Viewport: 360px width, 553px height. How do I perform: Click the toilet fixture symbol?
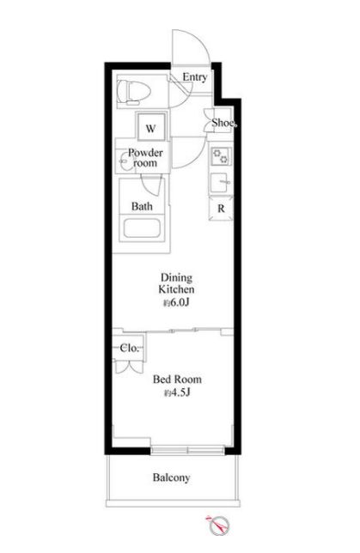(x=133, y=92)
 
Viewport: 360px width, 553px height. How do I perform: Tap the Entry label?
(x=194, y=77)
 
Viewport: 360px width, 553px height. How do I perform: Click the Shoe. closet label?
(x=223, y=123)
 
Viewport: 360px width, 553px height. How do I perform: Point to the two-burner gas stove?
(x=221, y=156)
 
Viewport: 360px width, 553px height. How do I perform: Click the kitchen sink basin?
(x=220, y=183)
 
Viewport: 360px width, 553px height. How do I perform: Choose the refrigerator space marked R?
(x=221, y=209)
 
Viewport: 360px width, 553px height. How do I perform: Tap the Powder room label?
(x=145, y=158)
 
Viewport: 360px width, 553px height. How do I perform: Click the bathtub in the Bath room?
(x=142, y=228)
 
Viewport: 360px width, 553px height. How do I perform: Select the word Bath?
(x=142, y=206)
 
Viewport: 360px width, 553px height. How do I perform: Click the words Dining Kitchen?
(x=176, y=283)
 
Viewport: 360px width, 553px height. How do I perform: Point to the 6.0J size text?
(x=176, y=302)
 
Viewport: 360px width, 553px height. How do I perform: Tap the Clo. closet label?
(x=130, y=348)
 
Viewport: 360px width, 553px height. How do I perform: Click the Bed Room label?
(x=177, y=380)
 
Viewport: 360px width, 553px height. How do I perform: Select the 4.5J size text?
(x=177, y=392)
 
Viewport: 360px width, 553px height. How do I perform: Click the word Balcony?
(x=172, y=477)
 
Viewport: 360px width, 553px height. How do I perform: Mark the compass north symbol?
(x=219, y=525)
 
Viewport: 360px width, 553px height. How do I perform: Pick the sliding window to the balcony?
(x=187, y=450)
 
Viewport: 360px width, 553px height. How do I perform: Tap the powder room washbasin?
(x=124, y=161)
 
